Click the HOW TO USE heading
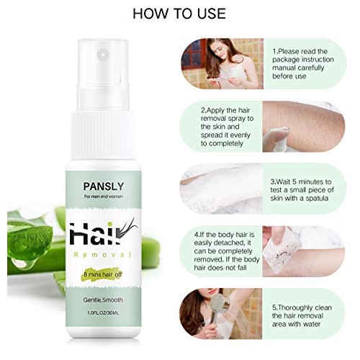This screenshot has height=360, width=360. tap(179, 14)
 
